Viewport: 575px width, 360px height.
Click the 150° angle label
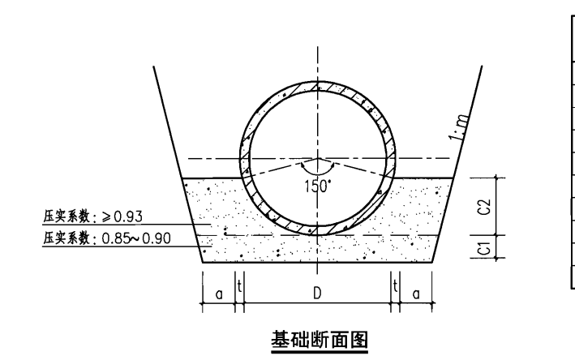[x=318, y=186]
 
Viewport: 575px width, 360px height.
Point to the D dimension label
[x=317, y=294]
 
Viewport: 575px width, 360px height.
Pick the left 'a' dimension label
[x=219, y=294]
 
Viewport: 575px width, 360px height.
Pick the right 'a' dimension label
[x=416, y=294]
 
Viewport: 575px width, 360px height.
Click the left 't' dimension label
[x=239, y=286]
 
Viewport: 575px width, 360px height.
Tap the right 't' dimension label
[x=395, y=286]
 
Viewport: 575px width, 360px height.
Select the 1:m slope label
[x=459, y=127]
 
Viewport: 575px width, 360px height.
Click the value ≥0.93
[x=122, y=216]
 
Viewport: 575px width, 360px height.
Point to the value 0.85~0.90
[x=136, y=238]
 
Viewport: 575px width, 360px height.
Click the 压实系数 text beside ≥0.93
[x=67, y=216]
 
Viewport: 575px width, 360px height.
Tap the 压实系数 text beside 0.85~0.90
[x=67, y=238]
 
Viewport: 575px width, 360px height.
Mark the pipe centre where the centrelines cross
[x=318, y=159]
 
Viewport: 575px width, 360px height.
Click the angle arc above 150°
[x=318, y=173]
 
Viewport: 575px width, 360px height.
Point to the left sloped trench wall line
[x=178, y=165]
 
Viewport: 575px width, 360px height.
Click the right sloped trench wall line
[x=457, y=165]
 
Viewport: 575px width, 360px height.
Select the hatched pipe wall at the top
[x=318, y=87]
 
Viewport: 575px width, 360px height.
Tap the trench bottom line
[x=318, y=263]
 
